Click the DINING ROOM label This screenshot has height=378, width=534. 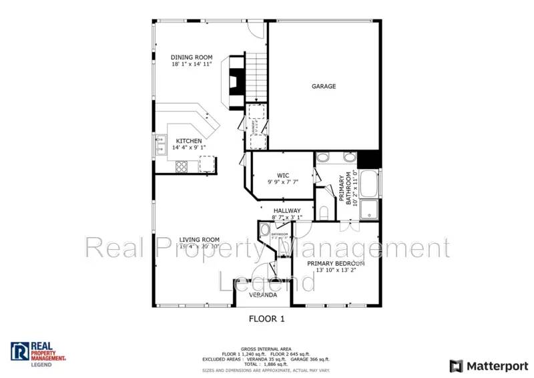coord(192,57)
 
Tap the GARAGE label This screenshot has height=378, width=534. coord(324,86)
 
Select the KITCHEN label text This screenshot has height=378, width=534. coord(189,141)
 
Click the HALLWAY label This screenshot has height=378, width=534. coord(287,210)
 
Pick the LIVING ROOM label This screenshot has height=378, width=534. coord(199,240)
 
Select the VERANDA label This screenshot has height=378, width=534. coord(263,295)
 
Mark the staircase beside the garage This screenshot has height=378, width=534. coord(256,77)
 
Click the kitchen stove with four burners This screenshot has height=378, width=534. coord(181,167)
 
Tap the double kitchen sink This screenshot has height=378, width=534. coord(162,144)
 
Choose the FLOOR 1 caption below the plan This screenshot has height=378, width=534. coord(267,319)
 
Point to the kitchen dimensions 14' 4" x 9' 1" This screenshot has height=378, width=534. coord(189,148)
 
